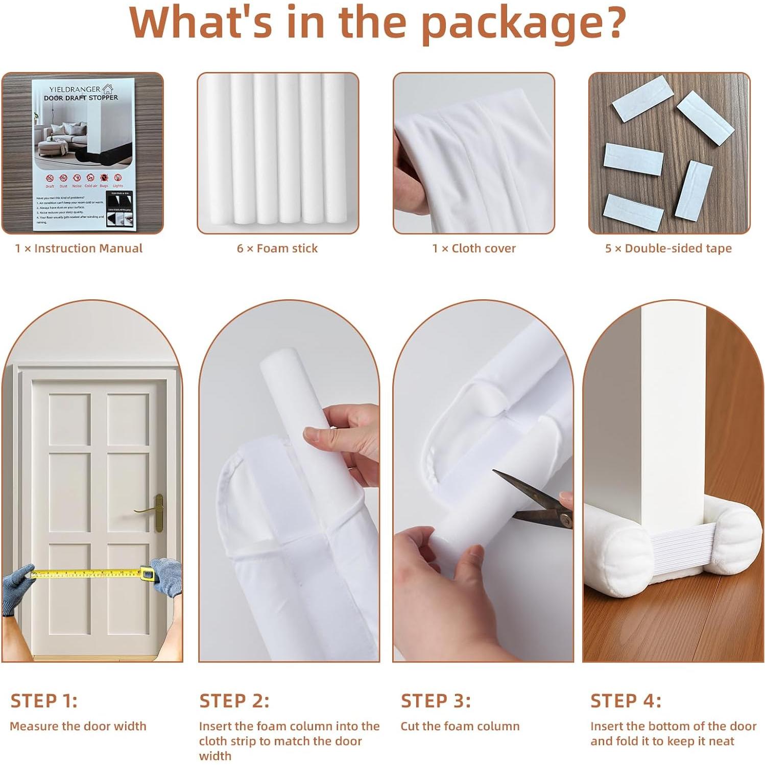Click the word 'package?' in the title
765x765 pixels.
(524, 23)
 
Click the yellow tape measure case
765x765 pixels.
(148, 574)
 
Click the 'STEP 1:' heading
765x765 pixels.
(44, 701)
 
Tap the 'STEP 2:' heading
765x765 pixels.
(234, 701)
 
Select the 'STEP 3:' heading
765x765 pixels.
(436, 701)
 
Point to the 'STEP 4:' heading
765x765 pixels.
(626, 701)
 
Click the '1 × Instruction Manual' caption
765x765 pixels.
(79, 249)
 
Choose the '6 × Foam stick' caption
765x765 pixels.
(277, 249)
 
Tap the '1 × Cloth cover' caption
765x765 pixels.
(474, 249)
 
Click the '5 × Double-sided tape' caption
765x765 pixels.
(668, 249)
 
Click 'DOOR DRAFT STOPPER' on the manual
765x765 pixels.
(81, 98)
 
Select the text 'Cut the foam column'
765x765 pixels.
(460, 726)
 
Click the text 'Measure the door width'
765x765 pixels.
(78, 726)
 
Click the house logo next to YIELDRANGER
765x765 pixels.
(107, 89)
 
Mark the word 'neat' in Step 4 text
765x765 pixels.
(722, 741)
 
